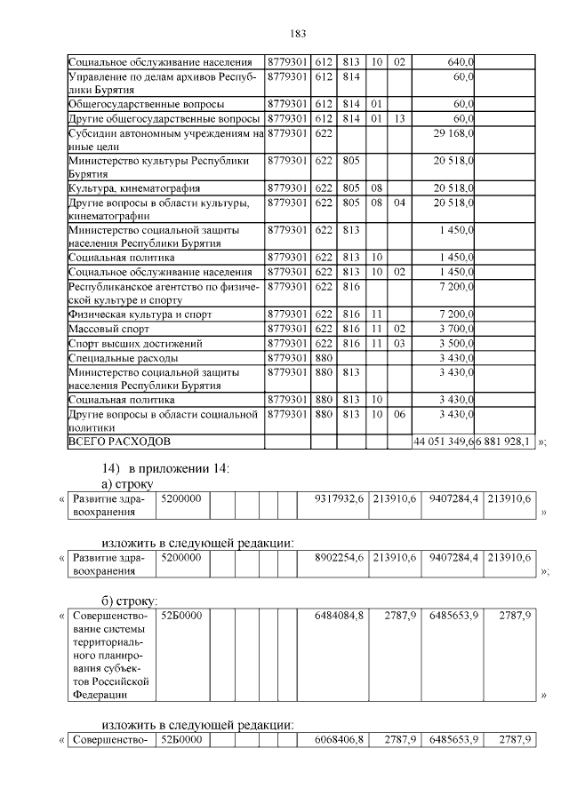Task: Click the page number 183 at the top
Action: pos(298,34)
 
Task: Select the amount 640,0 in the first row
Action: pos(461,62)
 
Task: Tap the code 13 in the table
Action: pos(399,118)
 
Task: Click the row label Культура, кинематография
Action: pos(134,188)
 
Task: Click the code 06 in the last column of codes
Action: pos(399,413)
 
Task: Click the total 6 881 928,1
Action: pos(505,442)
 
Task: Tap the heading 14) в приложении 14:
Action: pos(164,468)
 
